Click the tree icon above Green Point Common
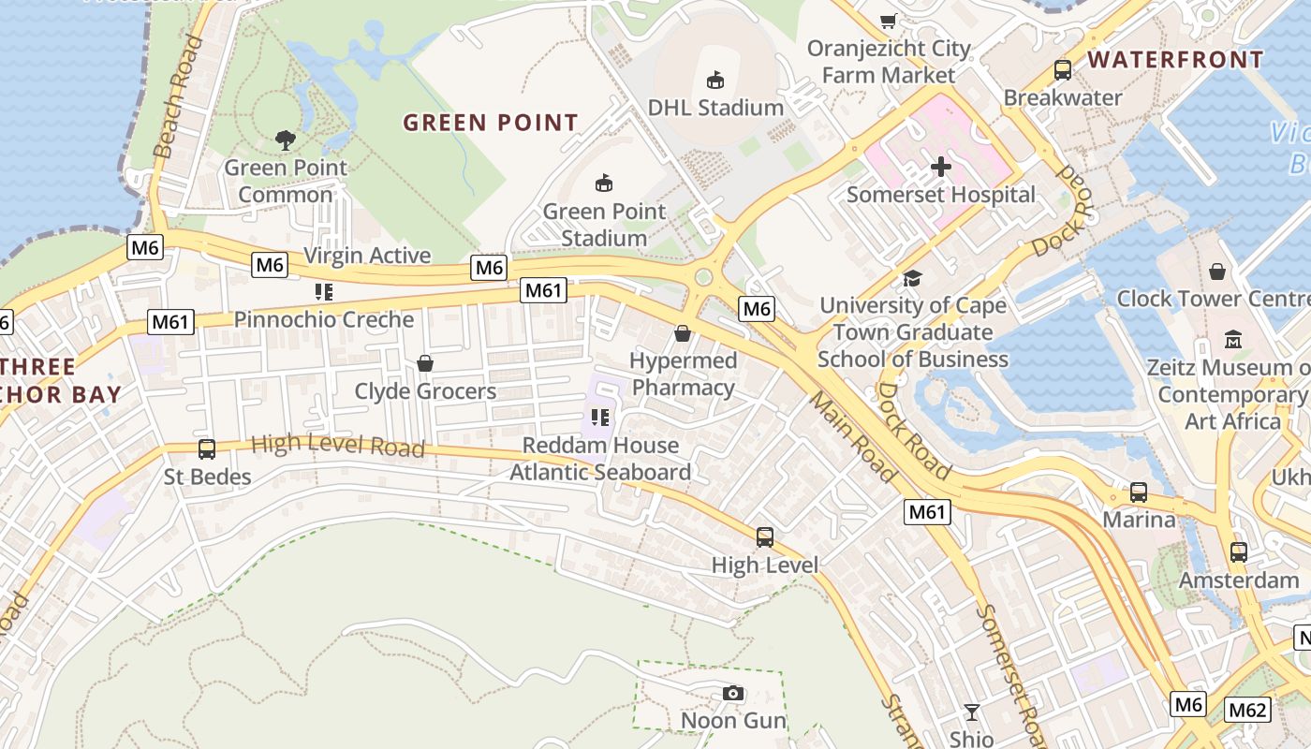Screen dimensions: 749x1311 [x=286, y=140]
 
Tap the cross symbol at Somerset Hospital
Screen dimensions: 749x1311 [x=941, y=167]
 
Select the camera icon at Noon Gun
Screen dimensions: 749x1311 [x=733, y=694]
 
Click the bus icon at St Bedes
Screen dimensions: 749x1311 [x=207, y=449]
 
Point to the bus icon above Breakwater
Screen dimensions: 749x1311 [x=1063, y=69]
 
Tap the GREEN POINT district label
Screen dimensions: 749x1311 [x=491, y=123]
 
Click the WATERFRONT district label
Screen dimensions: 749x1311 [x=1175, y=60]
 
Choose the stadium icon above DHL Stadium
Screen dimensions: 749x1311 [x=715, y=80]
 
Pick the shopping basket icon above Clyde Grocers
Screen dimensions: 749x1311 [x=425, y=363]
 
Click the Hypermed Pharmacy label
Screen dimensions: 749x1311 [x=683, y=374]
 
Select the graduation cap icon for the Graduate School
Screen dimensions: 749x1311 [x=912, y=278]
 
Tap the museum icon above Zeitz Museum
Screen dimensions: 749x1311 [x=1232, y=339]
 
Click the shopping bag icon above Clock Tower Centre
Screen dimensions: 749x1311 [x=1217, y=272]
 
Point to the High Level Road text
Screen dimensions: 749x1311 [x=338, y=445]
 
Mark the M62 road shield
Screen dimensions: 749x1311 [x=1247, y=710]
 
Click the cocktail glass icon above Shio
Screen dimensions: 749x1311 [x=972, y=712]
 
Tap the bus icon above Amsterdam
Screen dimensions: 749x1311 [x=1239, y=552]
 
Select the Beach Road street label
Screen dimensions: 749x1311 [x=177, y=96]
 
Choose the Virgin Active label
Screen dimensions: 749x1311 [x=367, y=256]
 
